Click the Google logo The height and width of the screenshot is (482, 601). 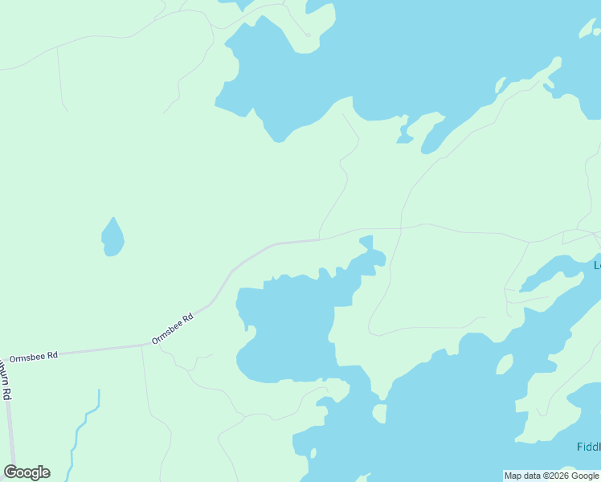pyautogui.click(x=27, y=472)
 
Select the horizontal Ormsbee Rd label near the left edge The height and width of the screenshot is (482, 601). pyautogui.click(x=34, y=355)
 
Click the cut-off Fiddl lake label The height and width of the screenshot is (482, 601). pyautogui.click(x=588, y=447)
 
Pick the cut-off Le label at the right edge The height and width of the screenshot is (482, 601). pyautogui.click(x=597, y=265)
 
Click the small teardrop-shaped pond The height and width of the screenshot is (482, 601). pyautogui.click(x=112, y=237)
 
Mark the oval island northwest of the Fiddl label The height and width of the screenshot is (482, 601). pyautogui.click(x=505, y=364)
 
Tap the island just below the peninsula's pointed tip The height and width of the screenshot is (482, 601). pyautogui.click(x=380, y=413)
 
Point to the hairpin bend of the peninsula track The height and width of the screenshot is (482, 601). pyautogui.click(x=370, y=329)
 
